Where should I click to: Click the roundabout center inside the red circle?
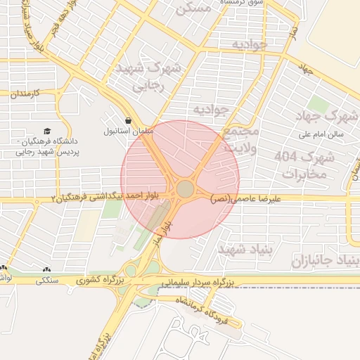click(185, 189)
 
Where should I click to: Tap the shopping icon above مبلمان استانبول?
click(127, 120)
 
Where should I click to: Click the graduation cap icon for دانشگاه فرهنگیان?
click(46, 131)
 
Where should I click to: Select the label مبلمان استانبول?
click(124, 131)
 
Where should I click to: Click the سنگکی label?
click(48, 280)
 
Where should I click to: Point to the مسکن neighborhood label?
click(195, 9)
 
